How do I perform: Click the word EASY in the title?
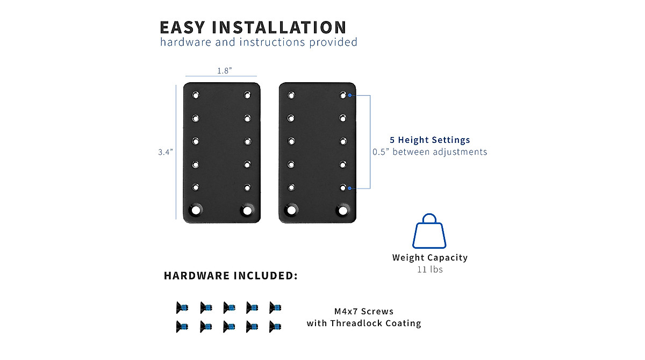[182, 27]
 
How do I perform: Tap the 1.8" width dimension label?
[224, 71]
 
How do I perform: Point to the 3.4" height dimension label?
[165, 152]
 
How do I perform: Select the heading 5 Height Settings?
[430, 140]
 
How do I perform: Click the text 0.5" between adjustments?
[430, 152]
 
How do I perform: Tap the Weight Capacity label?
[430, 257]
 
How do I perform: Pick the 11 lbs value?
[430, 269]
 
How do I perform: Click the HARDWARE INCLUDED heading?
[231, 276]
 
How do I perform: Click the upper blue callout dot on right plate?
[350, 95]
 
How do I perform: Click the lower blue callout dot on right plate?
[350, 188]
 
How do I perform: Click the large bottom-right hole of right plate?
[342, 210]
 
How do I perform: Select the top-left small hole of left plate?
[196, 95]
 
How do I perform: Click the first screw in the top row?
[182, 308]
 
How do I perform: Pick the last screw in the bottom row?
[275, 326]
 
